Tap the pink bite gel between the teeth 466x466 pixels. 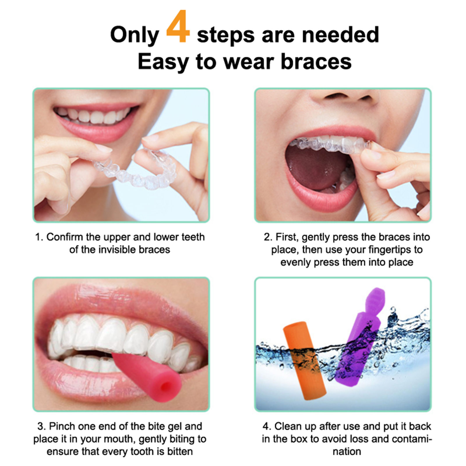(147, 376)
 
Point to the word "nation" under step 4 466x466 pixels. (347, 452)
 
